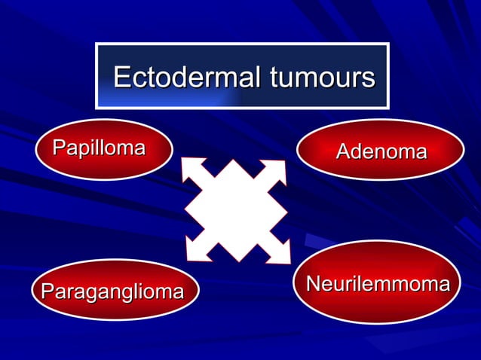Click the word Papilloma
[x=99, y=148]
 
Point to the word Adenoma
[x=381, y=152]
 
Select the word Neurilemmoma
[x=378, y=284]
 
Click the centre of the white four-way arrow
[x=235, y=210]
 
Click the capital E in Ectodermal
[x=122, y=77]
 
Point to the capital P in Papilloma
[x=58, y=148]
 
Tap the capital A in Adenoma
[x=343, y=152]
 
